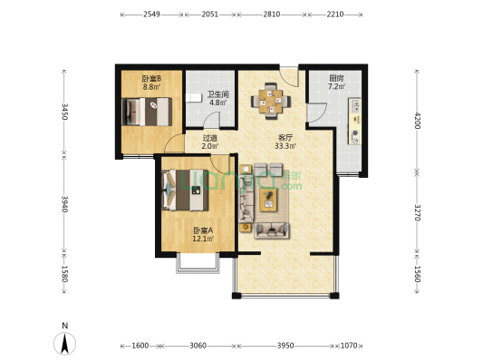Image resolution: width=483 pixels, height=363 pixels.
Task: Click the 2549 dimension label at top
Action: coord(151,15)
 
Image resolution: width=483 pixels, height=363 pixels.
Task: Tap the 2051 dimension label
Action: coord(210,15)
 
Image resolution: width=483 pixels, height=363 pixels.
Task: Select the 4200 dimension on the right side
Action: coord(417,121)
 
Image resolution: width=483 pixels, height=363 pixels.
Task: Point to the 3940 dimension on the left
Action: coord(64,204)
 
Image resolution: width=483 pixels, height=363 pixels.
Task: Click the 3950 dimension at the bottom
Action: coord(285,346)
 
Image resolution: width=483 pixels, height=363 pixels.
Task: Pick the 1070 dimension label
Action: coord(349,346)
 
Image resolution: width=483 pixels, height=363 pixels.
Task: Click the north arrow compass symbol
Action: coord(64,343)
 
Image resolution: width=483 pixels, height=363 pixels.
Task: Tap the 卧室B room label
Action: coord(151,78)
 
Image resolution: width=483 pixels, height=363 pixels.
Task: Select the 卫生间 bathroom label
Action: coord(218,94)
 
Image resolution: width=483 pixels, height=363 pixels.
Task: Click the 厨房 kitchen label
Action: coord(336,78)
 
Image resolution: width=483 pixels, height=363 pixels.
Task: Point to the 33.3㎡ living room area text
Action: coord(285,145)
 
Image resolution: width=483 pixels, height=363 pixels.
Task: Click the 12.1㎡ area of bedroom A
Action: coord(203,239)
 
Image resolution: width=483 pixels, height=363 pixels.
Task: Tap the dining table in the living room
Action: coord(271,101)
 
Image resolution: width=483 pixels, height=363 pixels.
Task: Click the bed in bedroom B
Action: coord(147,112)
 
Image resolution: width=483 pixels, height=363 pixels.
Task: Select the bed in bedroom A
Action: coord(185,190)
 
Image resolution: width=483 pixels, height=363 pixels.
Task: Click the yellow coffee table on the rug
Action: coord(268,200)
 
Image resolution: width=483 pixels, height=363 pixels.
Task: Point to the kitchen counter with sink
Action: coord(354,122)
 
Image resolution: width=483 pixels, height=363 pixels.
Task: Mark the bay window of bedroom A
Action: coord(198,263)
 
